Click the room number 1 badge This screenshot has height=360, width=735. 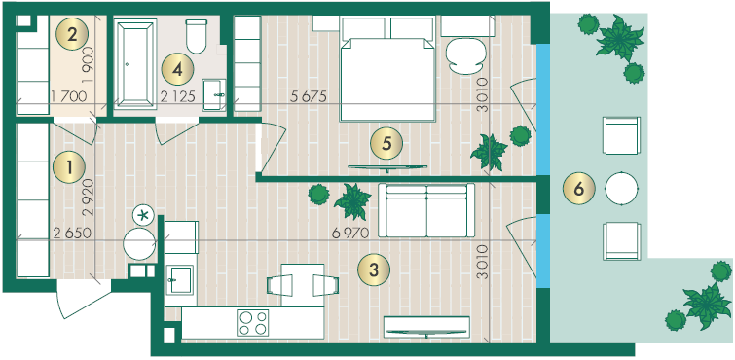tap(69, 167)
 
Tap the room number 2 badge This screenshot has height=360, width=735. tap(72, 35)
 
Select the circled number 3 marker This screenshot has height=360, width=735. tap(374, 270)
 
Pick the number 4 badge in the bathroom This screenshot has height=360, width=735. tap(177, 70)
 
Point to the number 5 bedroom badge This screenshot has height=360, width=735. tap(386, 143)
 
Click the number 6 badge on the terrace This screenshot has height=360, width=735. tap(579, 190)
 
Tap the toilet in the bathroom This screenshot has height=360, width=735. tap(197, 36)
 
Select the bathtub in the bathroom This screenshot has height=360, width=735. tap(135, 64)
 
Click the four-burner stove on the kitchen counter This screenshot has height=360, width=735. tap(253, 323)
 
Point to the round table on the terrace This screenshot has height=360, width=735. tap(621, 189)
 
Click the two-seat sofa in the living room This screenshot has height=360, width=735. tap(426, 210)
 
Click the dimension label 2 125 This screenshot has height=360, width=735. tap(177, 97)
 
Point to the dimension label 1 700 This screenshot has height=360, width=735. tap(68, 97)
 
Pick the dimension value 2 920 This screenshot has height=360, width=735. tap(89, 197)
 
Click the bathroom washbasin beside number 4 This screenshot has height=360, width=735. tap(214, 94)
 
